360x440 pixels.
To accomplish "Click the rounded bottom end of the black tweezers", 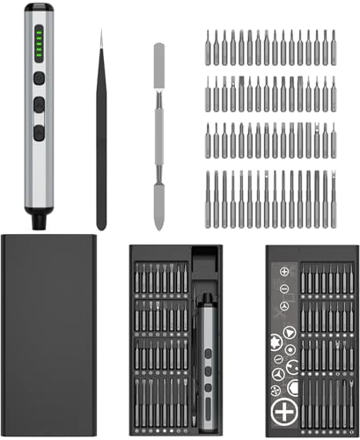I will [x=101, y=224].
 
